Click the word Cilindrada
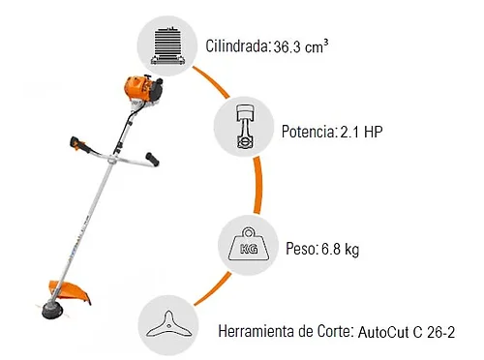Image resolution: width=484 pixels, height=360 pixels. (236, 46)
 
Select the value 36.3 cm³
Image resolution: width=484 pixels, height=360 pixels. (300, 46)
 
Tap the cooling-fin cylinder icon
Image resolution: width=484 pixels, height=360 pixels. (167, 46)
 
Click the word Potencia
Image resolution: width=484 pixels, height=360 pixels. (308, 132)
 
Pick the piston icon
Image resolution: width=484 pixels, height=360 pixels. (244, 127)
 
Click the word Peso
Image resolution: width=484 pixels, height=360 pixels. (301, 249)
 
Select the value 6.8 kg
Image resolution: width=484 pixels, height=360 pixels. (340, 249)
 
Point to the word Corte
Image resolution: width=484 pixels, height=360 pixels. (334, 331)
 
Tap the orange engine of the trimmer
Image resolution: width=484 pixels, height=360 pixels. (142, 88)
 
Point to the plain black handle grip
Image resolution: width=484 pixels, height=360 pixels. (152, 159)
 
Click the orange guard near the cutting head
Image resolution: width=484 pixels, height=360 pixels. (70, 290)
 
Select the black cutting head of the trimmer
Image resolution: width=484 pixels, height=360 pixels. (52, 309)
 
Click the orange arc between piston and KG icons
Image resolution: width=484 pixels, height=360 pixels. (258, 185)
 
